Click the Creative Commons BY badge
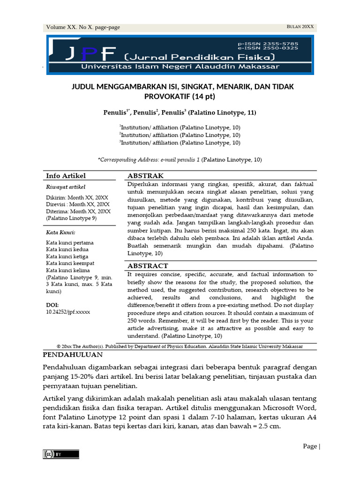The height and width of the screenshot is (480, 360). [61, 454]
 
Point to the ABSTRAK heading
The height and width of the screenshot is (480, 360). [145, 176]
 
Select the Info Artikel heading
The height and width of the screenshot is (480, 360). [66, 176]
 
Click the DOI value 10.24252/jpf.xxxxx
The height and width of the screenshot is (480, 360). [67, 311]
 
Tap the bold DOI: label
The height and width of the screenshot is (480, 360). [52, 305]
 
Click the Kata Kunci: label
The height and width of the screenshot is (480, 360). [60, 232]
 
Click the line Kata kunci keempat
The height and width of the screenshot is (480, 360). [70, 263]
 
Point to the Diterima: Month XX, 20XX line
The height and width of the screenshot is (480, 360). [78, 211]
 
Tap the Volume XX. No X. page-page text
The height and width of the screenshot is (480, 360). [83, 27]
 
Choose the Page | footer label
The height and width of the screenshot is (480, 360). [311, 446]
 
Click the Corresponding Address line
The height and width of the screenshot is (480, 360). [180, 160]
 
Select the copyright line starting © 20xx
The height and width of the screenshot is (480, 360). [180, 346]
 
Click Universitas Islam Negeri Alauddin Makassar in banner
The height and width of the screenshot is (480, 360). [180, 67]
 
